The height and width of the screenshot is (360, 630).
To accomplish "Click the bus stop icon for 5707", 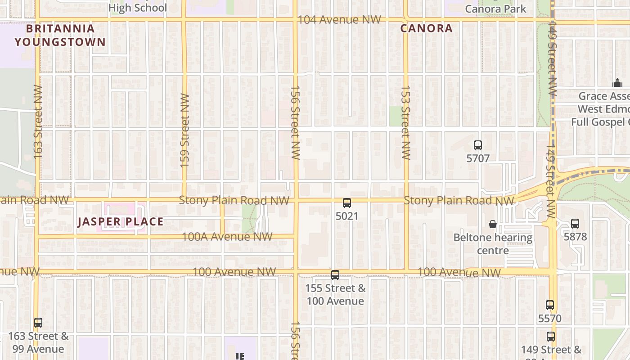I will pos(478,145).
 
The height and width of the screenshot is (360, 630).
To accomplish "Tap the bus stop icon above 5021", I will pos(346,203).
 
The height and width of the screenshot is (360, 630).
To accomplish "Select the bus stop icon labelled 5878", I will pos(575,224).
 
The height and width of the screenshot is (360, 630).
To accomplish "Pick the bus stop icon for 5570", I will pos(549,305).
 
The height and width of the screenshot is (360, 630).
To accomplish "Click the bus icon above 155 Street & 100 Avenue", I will pos(335,275).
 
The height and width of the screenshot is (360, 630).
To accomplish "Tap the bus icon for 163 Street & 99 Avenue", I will pos(38,323).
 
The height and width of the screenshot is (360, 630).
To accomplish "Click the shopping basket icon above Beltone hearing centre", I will pos(493,224).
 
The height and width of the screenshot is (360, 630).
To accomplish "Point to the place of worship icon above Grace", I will pos(617,83).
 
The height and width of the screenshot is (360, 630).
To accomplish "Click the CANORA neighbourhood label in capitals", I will pos(426,28).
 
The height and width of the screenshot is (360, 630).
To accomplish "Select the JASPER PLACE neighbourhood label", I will pos(120,221).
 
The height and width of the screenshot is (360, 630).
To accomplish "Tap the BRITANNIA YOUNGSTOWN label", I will pos(60,35).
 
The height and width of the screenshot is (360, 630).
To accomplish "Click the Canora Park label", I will pos(495,9).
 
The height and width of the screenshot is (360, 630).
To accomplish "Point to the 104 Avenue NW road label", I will pos(339,20).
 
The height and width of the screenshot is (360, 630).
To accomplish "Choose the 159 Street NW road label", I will pos(184,130).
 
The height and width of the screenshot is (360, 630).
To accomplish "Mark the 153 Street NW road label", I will pos(406,122).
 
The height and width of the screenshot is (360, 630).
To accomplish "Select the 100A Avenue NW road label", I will pos(227,237).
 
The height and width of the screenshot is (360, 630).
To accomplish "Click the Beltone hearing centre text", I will pos(493,243).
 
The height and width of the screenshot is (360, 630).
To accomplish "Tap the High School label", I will pos(137,8).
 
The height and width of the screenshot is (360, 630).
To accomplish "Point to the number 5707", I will pos(478,158).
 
